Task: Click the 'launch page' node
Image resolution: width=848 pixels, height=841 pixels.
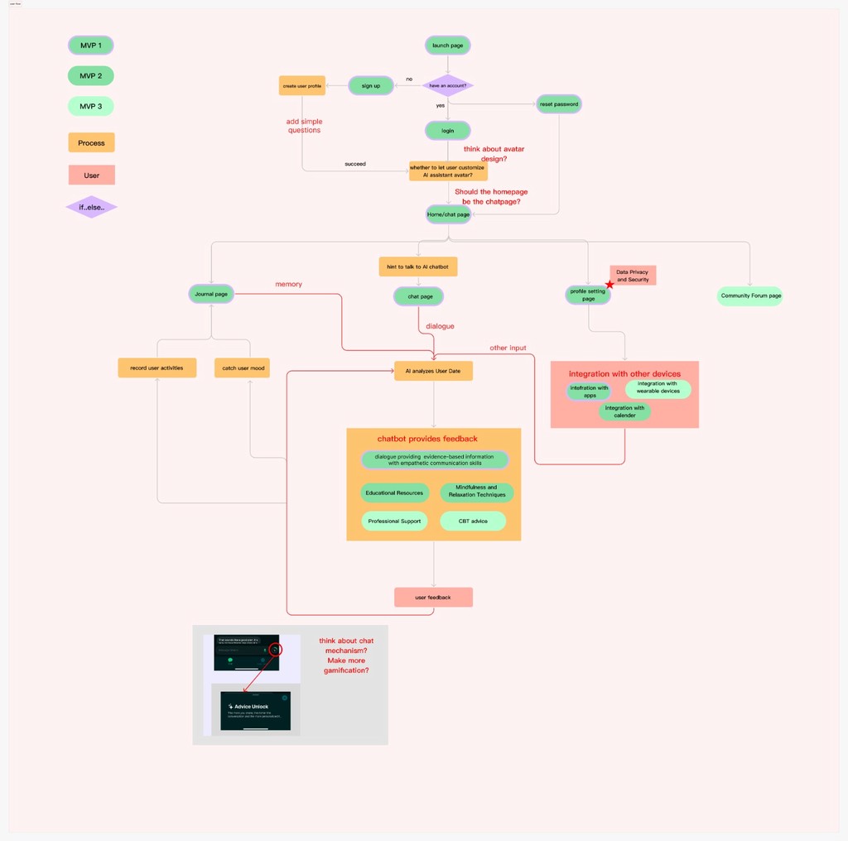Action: [x=447, y=46]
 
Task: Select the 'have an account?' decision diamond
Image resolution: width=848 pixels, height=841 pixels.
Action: [x=447, y=85]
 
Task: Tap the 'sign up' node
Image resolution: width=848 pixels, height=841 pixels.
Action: [x=370, y=85]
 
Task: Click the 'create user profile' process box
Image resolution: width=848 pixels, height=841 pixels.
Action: [x=301, y=85]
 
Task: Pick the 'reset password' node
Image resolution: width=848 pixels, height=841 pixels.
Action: [x=559, y=103]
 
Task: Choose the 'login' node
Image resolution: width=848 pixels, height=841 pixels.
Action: [x=447, y=131]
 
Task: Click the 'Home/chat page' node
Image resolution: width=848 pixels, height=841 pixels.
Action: [x=448, y=214]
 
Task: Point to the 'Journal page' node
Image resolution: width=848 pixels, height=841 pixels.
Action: [x=211, y=294]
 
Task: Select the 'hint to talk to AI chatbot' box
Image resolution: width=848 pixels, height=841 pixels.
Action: [x=418, y=267]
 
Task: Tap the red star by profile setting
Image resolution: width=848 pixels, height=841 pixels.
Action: [x=609, y=285]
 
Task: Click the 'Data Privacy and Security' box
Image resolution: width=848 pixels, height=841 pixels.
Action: [x=633, y=276]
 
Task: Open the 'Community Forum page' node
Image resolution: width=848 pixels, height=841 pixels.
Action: [x=750, y=296]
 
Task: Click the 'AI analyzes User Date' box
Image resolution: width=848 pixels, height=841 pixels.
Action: [x=433, y=371]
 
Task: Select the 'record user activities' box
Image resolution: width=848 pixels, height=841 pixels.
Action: [x=157, y=368]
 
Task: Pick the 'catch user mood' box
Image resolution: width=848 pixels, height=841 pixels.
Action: [x=242, y=368]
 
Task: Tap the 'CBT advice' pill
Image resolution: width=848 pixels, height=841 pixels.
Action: [x=473, y=521]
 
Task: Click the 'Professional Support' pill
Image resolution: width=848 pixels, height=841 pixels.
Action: [x=394, y=521]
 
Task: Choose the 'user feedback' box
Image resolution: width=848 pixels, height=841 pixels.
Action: [x=433, y=597]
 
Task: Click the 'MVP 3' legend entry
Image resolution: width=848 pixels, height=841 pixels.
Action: [x=91, y=106]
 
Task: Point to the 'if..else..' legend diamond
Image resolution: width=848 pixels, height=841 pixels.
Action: [x=91, y=207]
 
